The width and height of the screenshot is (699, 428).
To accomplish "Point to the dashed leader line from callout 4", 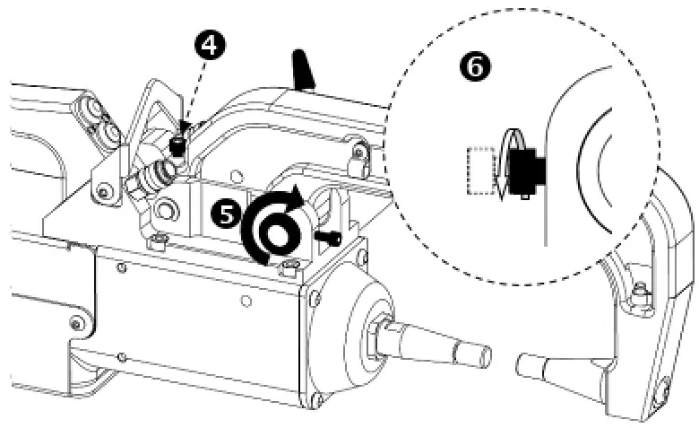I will [194, 94].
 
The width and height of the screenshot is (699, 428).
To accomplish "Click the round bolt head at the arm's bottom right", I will [662, 393].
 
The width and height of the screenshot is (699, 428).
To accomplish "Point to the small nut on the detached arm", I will [640, 289].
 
